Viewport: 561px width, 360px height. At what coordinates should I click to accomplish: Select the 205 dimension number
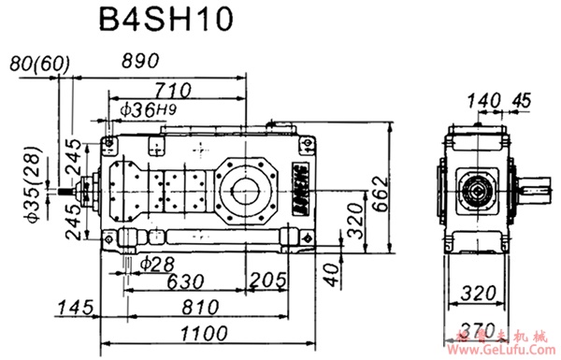click(268, 281)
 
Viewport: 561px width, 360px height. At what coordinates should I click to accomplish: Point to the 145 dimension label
click(75, 308)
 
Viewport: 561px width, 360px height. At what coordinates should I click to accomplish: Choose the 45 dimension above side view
click(522, 98)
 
